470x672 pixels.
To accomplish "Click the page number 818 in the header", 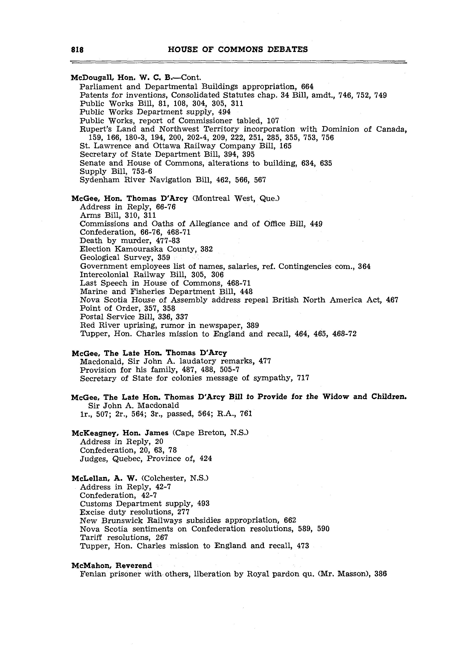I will coord(77,50).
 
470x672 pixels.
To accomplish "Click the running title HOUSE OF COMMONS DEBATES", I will coord(238,50).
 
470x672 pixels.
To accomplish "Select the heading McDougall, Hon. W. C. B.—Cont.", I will coord(136,78).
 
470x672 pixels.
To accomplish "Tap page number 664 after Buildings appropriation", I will coord(307,87).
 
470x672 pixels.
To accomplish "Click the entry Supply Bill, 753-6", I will coord(116,171).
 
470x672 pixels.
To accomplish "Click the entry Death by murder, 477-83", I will coord(130,241).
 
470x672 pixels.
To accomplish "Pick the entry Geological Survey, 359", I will coord(125,258).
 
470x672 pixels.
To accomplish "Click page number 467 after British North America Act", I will coord(392,300).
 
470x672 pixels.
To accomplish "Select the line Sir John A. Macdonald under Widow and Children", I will coord(133,405).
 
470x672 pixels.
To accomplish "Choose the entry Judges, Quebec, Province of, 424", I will coord(146,459).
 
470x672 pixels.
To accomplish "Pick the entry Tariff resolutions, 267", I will coord(124,538).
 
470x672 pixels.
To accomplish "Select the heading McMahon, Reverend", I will coord(112,565).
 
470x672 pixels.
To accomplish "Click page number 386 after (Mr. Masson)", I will coord(380,574).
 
